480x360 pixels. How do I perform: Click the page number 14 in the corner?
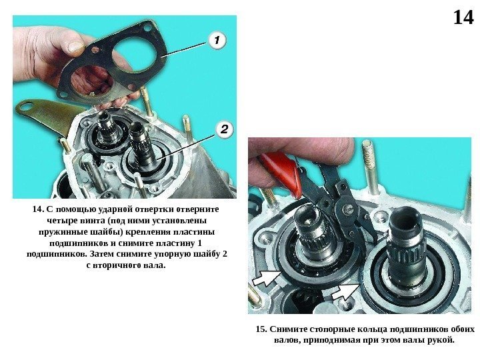pyautogui.click(x=463, y=17)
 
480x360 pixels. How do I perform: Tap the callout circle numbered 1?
pyautogui.click(x=217, y=41)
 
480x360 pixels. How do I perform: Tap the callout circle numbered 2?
pyautogui.click(x=225, y=129)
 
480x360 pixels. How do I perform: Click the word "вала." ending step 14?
pyautogui.click(x=155, y=265)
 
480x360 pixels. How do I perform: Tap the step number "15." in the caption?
pyautogui.click(x=261, y=329)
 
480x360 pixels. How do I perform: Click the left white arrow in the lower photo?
pyautogui.click(x=266, y=277)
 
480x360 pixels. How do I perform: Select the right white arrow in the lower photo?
pyautogui.click(x=345, y=291)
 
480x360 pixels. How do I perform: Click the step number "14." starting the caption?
pyautogui.click(x=39, y=209)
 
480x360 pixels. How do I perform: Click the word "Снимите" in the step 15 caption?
pyautogui.click(x=288, y=329)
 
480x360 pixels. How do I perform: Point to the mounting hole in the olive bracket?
pyautogui.click(x=29, y=107)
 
